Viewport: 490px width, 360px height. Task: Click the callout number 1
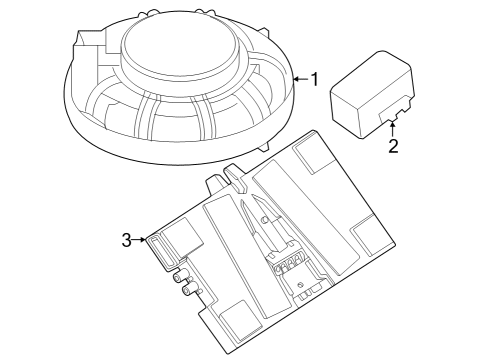(x=313, y=78)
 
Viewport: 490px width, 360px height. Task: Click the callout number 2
(x=393, y=147)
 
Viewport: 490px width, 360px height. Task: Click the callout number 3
(x=127, y=239)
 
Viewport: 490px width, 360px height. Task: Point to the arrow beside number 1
(x=299, y=78)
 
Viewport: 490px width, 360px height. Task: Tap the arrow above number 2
(x=393, y=128)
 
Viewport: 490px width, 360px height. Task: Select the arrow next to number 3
(x=142, y=239)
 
